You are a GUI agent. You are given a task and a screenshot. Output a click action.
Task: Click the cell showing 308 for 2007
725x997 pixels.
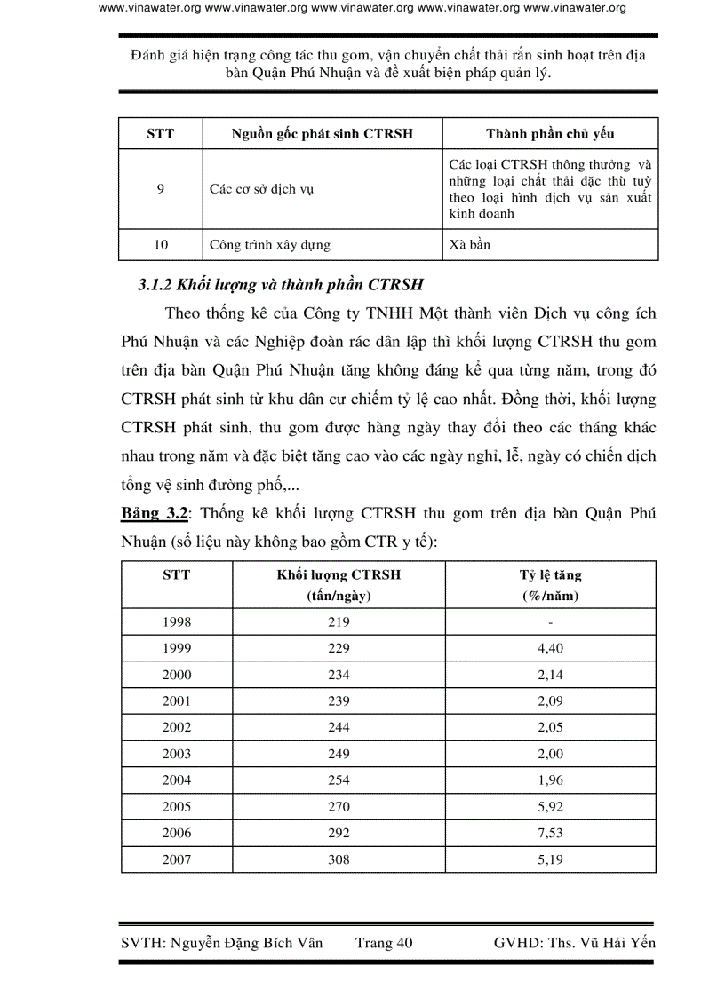338,859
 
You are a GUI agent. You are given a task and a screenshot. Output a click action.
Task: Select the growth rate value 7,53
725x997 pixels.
550,833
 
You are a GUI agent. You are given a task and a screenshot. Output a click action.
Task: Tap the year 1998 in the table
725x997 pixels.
176,622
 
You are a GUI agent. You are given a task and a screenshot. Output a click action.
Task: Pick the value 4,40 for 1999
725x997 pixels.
550,648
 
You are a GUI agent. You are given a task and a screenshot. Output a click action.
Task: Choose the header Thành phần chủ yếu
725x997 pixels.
549,134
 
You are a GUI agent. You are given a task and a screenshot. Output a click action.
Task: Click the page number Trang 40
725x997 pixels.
384,943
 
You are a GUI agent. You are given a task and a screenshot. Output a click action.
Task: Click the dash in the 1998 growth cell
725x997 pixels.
550,622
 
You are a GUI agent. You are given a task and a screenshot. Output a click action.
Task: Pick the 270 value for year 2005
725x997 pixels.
338,807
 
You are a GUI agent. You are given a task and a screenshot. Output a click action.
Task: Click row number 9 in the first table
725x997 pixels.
160,189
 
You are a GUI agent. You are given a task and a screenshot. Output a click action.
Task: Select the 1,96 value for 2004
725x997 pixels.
550,780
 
